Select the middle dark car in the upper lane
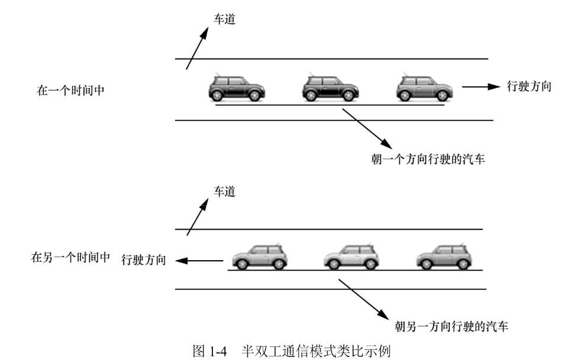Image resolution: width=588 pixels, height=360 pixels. pyautogui.click(x=331, y=89)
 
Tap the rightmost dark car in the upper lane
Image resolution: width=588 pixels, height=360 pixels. pyautogui.click(x=424, y=89)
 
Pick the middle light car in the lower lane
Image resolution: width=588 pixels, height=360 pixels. pyautogui.click(x=351, y=256)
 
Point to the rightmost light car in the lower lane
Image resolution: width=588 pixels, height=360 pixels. pyautogui.click(x=442, y=256)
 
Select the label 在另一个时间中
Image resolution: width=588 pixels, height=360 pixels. pyautogui.click(x=70, y=258)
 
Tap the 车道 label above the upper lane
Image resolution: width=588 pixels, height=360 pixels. pyautogui.click(x=224, y=20)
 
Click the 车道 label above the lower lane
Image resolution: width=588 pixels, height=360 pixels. pyautogui.click(x=224, y=191)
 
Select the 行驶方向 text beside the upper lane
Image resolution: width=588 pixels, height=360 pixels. pyautogui.click(x=529, y=86)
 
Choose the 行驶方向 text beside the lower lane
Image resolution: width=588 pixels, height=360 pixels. pyautogui.click(x=144, y=260)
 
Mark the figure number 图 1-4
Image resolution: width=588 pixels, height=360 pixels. pyautogui.click(x=209, y=351)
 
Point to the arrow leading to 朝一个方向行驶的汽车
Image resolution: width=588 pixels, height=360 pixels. pyautogui.click(x=367, y=128)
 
